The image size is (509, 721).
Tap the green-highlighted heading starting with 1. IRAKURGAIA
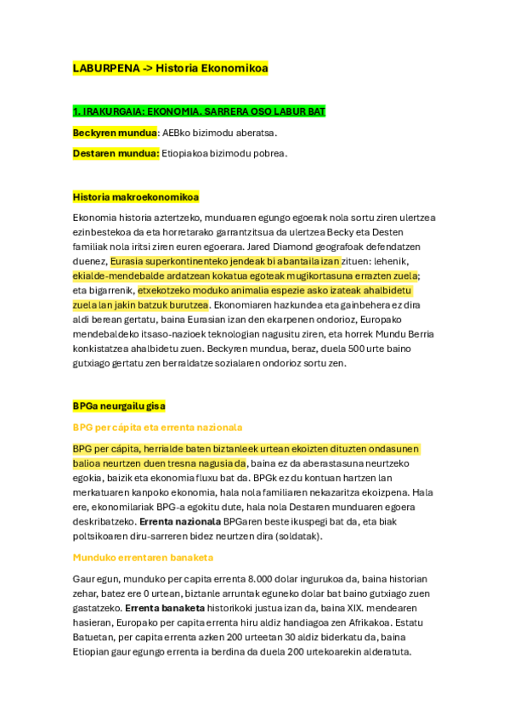click(x=199, y=111)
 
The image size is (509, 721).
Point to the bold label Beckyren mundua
click(x=115, y=133)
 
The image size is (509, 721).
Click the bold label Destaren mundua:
click(x=116, y=153)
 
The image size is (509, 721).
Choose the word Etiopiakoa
click(x=187, y=153)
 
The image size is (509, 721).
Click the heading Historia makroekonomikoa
click(x=136, y=196)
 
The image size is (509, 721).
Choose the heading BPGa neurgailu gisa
click(x=119, y=406)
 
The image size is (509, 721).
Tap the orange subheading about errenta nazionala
click(x=158, y=428)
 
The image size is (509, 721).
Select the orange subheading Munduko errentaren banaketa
click(x=143, y=557)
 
